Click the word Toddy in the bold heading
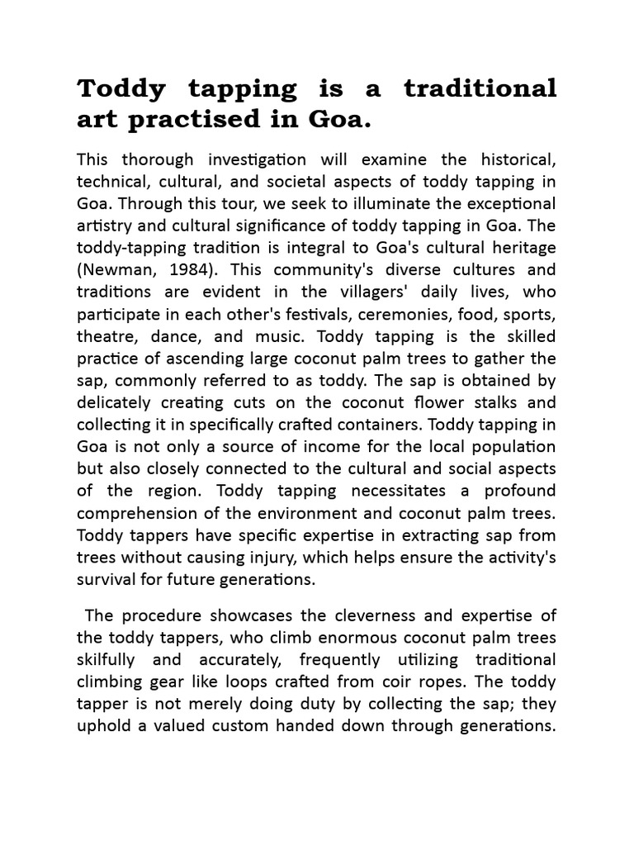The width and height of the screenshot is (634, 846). coord(118,88)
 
